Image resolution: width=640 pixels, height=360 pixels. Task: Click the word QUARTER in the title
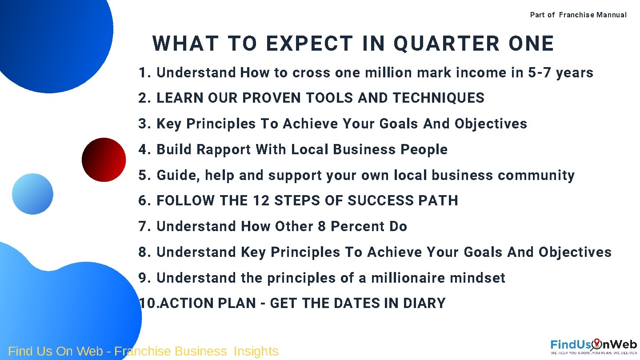[447, 44]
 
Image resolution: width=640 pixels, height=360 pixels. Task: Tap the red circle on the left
[104, 160]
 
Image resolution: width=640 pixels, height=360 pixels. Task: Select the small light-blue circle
[32, 194]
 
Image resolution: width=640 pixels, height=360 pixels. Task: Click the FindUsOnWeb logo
[593, 346]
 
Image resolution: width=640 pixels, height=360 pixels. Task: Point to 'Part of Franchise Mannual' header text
[578, 15]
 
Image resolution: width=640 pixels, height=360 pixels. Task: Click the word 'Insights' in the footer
[256, 351]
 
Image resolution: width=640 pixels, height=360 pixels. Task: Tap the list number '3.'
[145, 124]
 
